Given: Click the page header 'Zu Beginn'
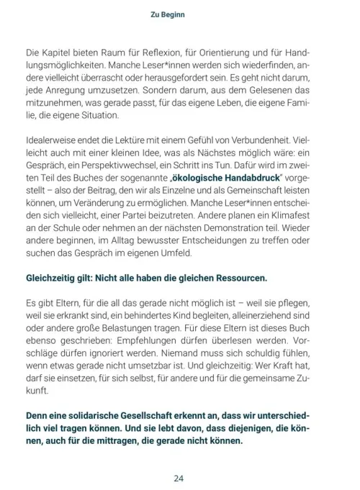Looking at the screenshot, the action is coord(179,12).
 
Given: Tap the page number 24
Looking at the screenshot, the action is coord(180,477).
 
